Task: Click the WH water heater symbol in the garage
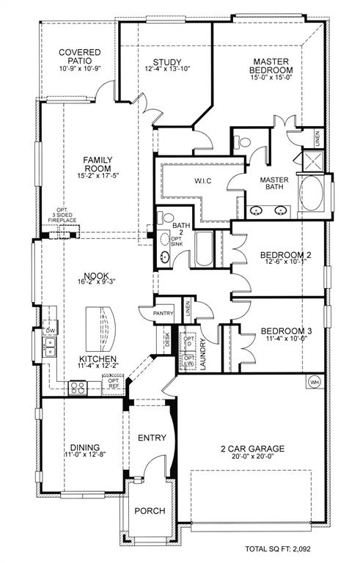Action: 315,383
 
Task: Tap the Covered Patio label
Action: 79,57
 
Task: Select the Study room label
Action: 167,62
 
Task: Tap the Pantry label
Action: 163,313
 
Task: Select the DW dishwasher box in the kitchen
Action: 50,331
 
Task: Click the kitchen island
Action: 100,329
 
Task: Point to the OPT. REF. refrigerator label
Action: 114,384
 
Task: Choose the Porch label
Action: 150,511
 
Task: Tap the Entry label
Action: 153,438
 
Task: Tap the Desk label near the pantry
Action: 168,339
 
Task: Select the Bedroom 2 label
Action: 275,256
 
